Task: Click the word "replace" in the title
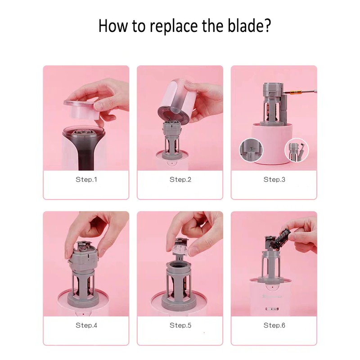point(174,26)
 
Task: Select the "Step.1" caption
point(86,179)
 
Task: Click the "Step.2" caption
point(180,179)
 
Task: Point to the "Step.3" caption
point(274,179)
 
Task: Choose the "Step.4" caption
point(86,325)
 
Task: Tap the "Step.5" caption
point(180,325)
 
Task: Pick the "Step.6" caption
point(274,325)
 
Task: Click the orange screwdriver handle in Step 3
point(294,93)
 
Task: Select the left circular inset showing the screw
point(251,150)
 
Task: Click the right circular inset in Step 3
point(297,150)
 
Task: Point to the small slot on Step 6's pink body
point(272,309)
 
